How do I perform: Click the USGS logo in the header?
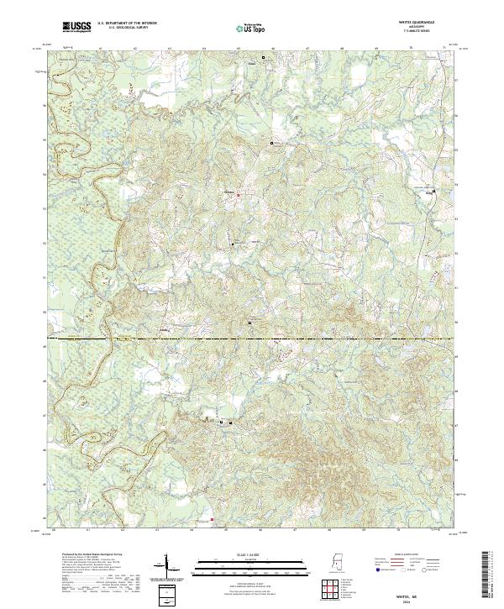point(76,28)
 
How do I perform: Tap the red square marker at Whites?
point(238,196)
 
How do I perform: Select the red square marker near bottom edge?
point(213,519)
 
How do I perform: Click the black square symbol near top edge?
point(263,58)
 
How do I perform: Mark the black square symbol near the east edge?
point(433,193)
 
